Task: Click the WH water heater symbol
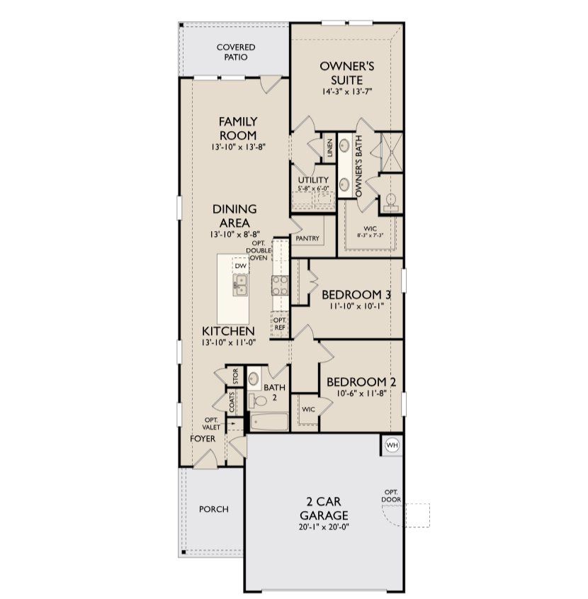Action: pyautogui.click(x=392, y=445)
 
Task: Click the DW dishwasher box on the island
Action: pyautogui.click(x=241, y=266)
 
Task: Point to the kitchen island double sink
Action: pyautogui.click(x=241, y=285)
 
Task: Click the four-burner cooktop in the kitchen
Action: pyautogui.click(x=279, y=286)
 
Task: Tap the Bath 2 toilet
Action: pyautogui.click(x=259, y=401)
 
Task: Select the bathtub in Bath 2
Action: pyautogui.click(x=268, y=422)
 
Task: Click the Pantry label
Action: pyautogui.click(x=308, y=239)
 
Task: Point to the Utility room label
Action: pyautogui.click(x=313, y=181)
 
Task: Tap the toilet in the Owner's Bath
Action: pyautogui.click(x=390, y=201)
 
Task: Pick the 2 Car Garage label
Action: pyautogui.click(x=322, y=508)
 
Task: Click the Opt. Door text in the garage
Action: pyautogui.click(x=390, y=496)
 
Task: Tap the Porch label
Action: pyautogui.click(x=213, y=509)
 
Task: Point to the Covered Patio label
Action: pyautogui.click(x=236, y=52)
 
